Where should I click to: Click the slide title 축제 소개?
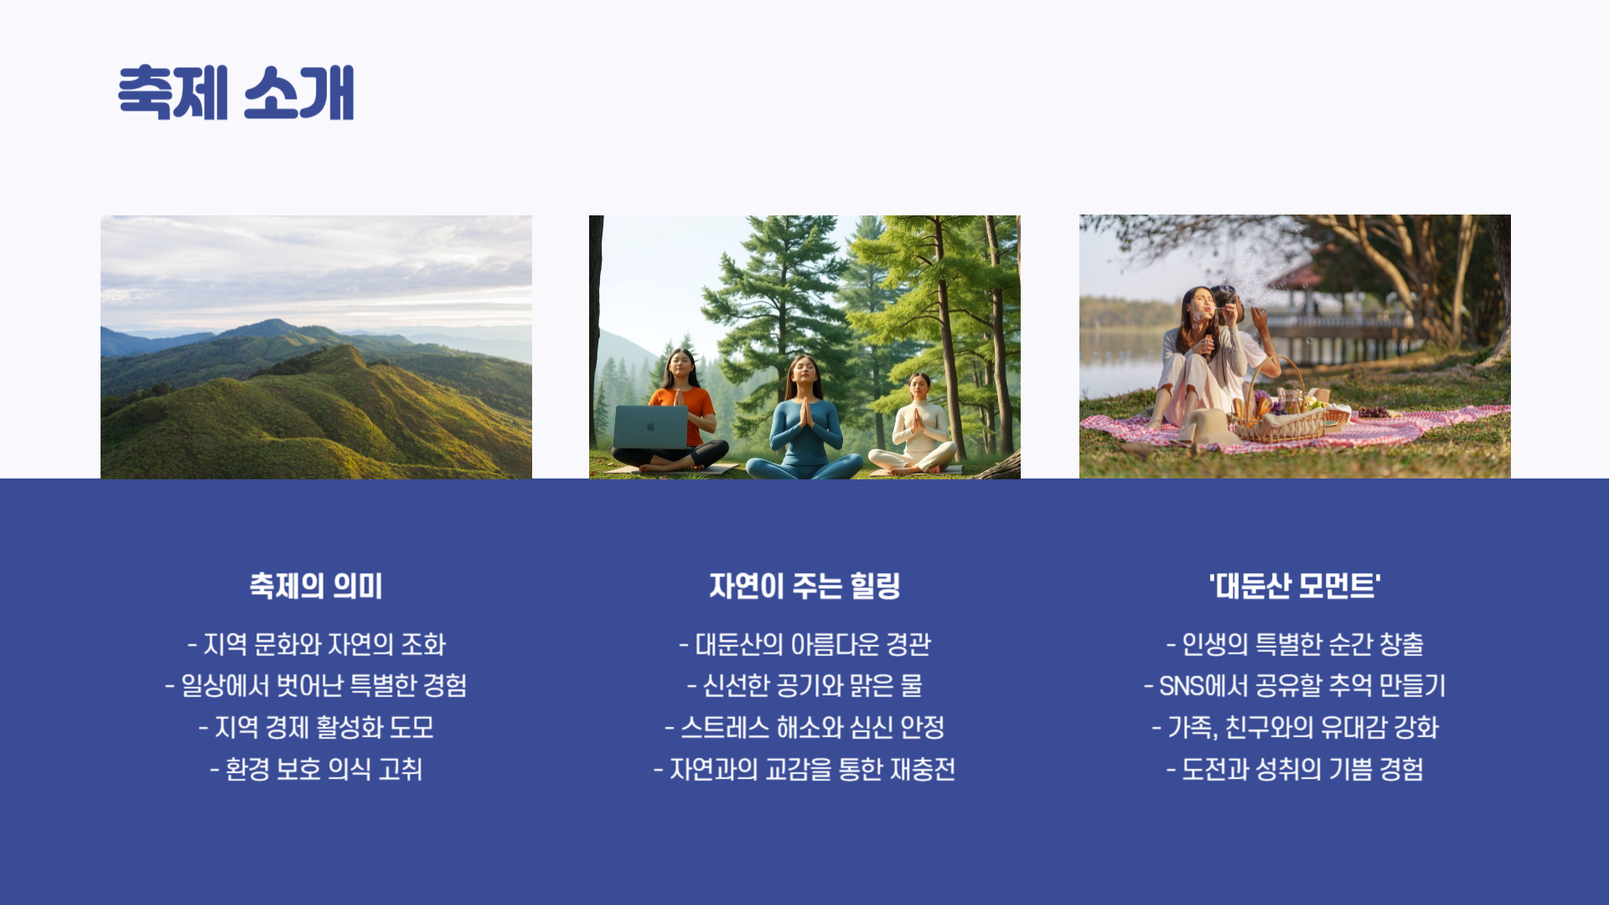click(236, 92)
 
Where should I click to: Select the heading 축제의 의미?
click(316, 586)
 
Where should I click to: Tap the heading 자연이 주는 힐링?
click(804, 586)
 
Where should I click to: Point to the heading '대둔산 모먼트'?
click(1295, 586)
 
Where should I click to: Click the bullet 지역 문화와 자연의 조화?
click(316, 644)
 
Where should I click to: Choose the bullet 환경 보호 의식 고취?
click(316, 769)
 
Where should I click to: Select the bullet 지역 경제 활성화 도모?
click(316, 727)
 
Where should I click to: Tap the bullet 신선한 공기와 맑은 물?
click(804, 685)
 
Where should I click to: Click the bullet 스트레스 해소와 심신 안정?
click(804, 727)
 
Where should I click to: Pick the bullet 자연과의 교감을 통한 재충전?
click(804, 769)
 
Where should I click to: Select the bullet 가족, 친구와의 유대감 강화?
click(1295, 727)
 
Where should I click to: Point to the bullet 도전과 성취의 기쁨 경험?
click(1295, 769)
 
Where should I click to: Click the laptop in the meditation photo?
click(650, 427)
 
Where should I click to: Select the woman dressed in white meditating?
click(918, 427)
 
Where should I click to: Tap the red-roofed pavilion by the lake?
click(1295, 277)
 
